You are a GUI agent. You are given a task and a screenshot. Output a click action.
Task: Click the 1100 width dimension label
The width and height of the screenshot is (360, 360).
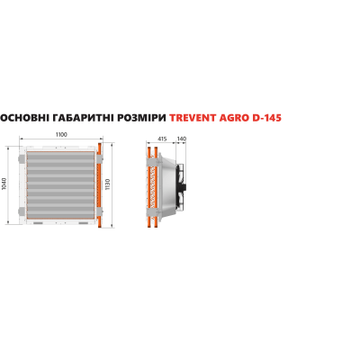61,134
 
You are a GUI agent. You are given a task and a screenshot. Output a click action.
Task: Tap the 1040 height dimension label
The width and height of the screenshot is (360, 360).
4,184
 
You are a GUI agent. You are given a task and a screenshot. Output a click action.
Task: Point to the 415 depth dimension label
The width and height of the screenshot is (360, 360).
162,139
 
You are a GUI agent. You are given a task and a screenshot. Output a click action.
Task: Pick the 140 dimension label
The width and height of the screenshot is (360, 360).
182,139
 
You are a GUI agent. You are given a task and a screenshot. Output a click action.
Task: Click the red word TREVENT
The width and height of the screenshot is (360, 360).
193,118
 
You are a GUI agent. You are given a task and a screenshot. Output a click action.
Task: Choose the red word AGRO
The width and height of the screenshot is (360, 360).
234,118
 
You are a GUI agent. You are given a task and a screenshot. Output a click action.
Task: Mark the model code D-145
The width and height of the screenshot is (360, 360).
267,118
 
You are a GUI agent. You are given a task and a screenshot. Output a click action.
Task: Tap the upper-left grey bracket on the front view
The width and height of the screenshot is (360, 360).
21,159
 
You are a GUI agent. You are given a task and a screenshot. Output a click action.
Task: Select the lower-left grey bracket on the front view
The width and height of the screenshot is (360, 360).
21,211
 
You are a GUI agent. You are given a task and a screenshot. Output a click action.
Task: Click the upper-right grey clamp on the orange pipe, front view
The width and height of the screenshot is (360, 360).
100,159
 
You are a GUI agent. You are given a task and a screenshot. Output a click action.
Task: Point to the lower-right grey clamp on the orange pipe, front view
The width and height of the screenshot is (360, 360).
100,211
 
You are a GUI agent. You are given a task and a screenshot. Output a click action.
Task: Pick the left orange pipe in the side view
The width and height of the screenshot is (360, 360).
148,186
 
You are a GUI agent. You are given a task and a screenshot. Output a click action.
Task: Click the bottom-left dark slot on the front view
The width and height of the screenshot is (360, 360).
38,223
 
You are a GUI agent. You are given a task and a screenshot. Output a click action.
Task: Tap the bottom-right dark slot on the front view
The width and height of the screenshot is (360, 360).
84,223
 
